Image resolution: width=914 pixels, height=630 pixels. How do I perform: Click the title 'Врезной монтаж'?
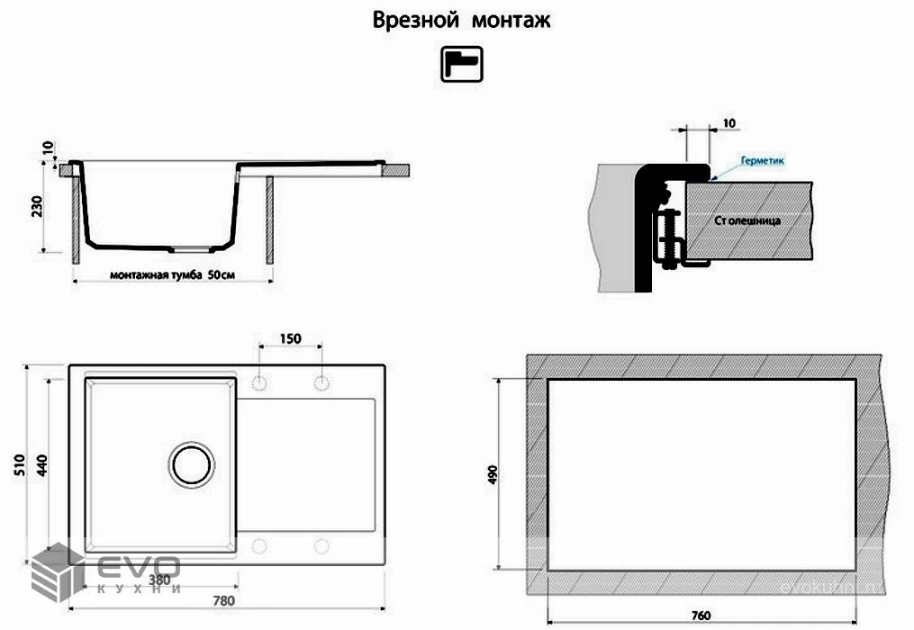pos(461,21)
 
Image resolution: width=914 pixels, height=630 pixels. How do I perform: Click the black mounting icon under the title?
pos(461,64)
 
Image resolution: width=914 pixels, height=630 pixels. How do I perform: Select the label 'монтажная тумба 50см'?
pos(172,274)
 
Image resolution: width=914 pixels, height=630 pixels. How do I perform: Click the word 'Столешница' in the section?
pos(747,220)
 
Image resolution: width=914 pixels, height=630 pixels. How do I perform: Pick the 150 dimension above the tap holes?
pos(289,339)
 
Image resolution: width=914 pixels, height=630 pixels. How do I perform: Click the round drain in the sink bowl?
pos(192,464)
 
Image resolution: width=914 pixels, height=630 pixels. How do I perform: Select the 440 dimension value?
pos(42,465)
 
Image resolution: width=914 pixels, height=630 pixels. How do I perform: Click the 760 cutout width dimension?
pos(702,616)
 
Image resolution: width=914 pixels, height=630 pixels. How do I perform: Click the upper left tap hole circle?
pos(259,383)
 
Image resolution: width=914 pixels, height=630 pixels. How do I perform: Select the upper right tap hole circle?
pos(321,383)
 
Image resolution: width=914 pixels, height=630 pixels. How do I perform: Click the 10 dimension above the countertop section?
pos(728,122)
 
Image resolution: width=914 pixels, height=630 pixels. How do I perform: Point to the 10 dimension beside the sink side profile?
pos(46,148)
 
